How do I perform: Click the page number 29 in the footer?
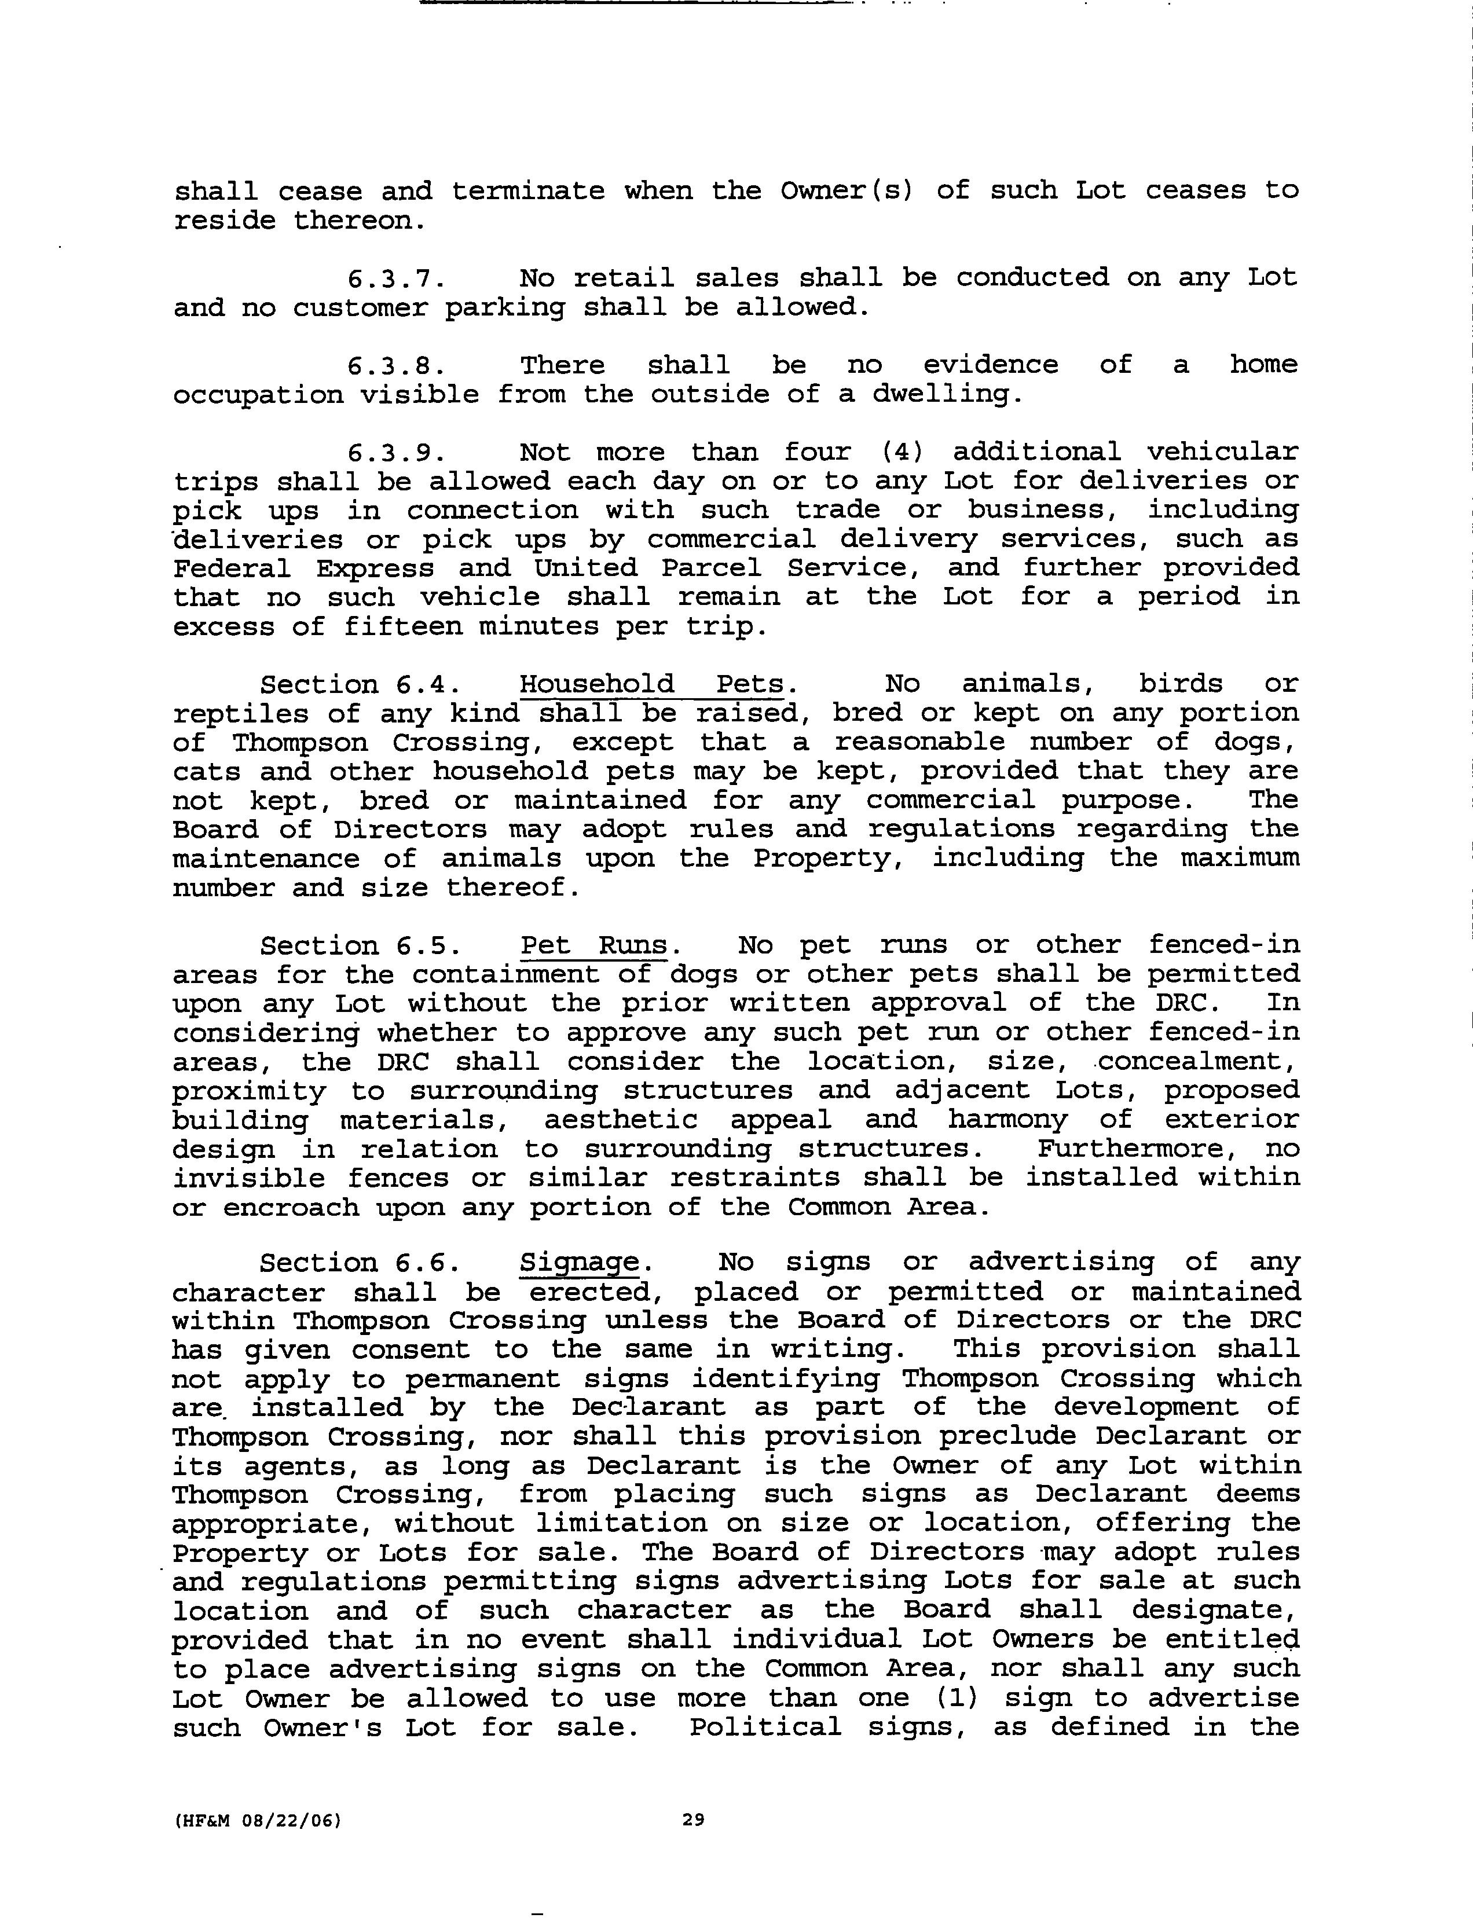692,1819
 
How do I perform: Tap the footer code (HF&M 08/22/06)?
257,1820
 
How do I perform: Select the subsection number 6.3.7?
396,279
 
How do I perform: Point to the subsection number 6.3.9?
396,452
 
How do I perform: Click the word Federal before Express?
232,568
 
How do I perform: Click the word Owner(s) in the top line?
846,191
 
